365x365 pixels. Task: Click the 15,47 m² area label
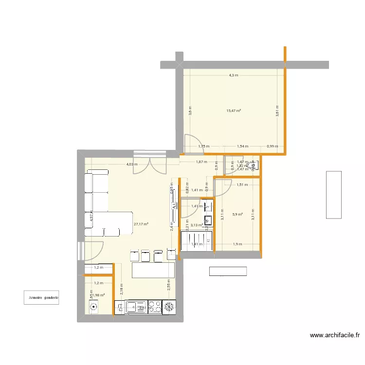(234, 111)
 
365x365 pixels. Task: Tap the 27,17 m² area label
(141, 224)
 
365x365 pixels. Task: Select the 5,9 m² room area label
(237, 214)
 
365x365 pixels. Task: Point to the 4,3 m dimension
(234, 75)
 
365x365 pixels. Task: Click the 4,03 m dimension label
(131, 164)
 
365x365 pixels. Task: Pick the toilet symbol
(252, 165)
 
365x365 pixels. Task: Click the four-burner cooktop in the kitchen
(154, 307)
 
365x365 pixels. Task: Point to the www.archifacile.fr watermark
(336, 335)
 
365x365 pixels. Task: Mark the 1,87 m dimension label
(201, 162)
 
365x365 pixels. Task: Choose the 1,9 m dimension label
(237, 244)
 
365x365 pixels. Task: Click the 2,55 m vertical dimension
(168, 284)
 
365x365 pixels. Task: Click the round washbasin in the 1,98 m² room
(93, 307)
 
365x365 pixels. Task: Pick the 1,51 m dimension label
(242, 185)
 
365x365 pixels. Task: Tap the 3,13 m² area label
(197, 225)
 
